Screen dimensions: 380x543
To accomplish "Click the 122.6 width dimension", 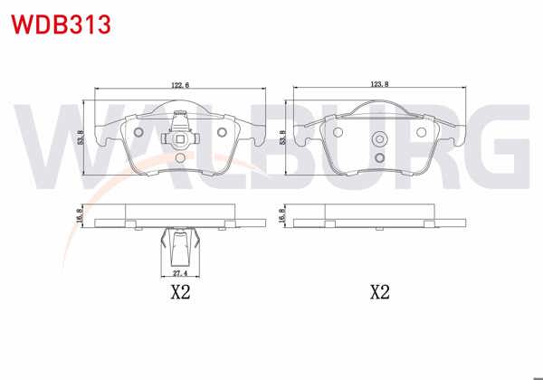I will point(179,85).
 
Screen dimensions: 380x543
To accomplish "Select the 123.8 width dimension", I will point(379,85).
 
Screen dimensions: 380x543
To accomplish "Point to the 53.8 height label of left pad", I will point(81,137).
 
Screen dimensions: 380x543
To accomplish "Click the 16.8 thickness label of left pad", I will point(81,216).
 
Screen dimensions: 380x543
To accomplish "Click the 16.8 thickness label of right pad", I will point(283,216).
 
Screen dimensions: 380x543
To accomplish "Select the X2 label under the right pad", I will point(380,292).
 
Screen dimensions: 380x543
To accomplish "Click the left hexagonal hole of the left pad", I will point(138,133).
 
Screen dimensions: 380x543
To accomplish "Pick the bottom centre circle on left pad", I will point(179,158).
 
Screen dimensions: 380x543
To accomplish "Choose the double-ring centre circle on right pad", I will point(380,139).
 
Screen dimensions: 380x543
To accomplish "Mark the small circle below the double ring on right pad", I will point(380,157).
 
